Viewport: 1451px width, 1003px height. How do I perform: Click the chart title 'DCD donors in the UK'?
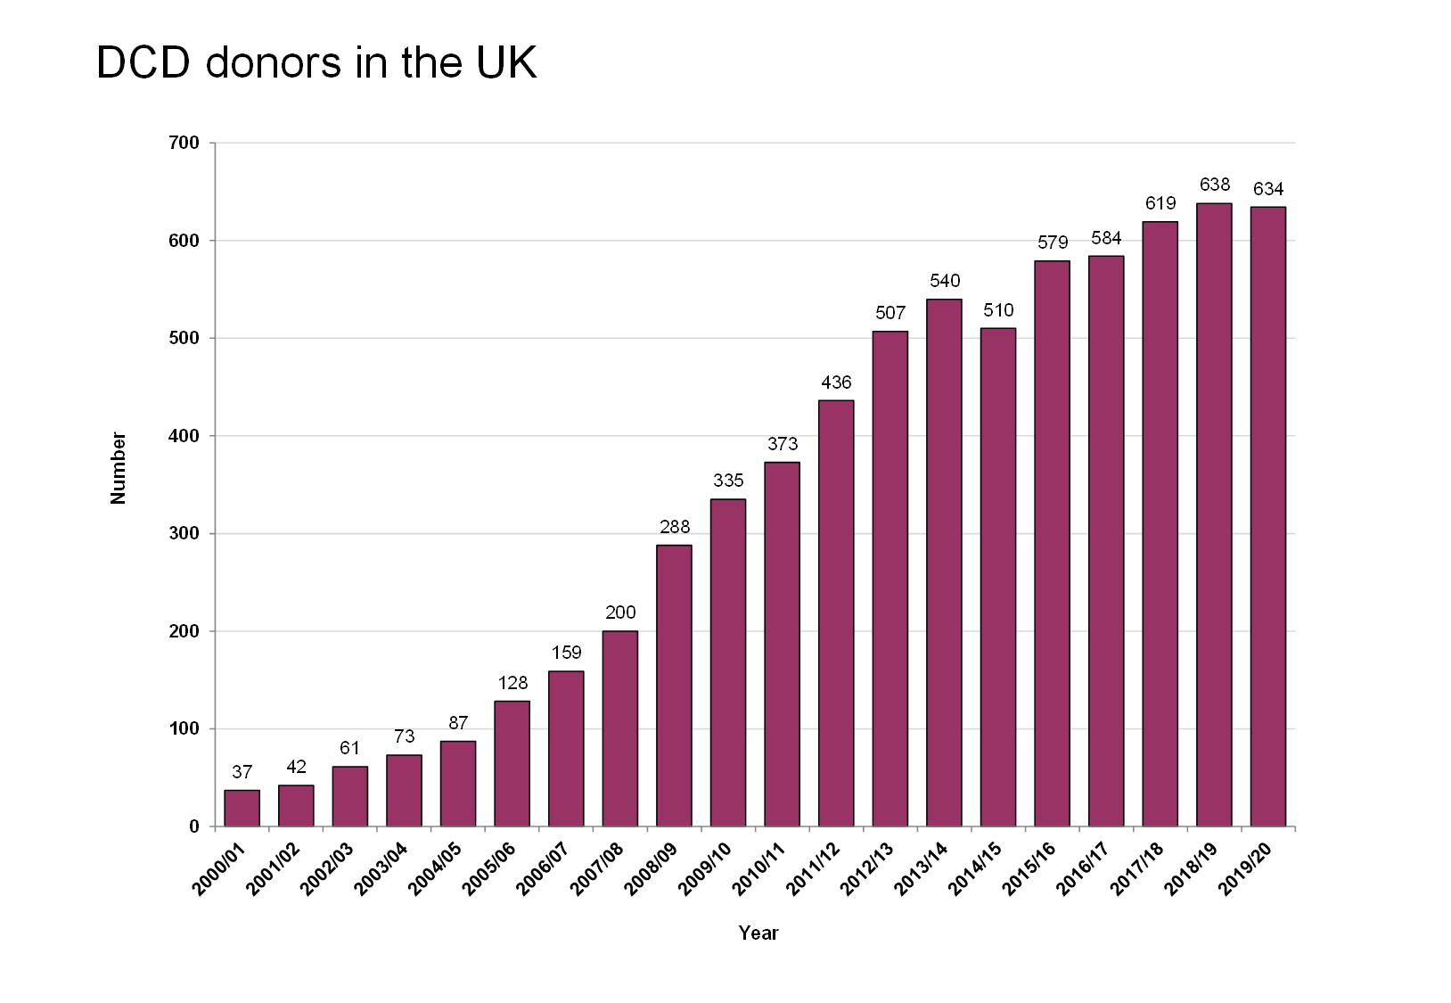316,63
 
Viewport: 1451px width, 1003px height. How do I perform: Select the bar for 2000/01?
242,808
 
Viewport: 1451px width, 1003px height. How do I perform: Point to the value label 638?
1215,185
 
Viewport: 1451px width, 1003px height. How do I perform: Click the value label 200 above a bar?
620,612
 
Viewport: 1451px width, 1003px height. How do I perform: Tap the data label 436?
836,382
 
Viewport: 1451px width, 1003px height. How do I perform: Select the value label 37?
242,772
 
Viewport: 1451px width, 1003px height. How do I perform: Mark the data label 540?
945,281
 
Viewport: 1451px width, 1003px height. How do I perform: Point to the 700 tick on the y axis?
184,144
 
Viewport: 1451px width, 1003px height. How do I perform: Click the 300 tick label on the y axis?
184,534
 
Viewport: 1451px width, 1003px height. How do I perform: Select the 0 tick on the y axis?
193,826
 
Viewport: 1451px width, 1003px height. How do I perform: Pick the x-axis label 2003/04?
381,867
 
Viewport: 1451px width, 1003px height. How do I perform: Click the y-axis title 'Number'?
118,468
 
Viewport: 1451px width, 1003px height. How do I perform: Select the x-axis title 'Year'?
758,933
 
